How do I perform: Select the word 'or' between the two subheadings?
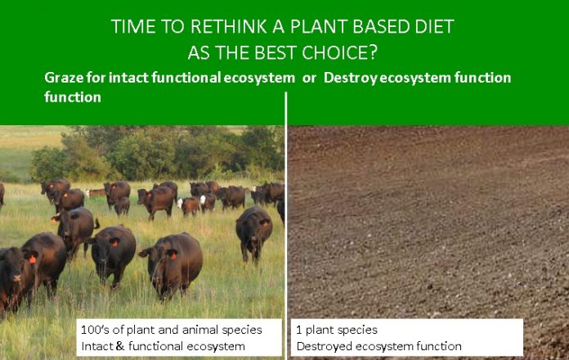point(309,78)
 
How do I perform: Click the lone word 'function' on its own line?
point(73,97)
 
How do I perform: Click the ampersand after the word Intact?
point(119,346)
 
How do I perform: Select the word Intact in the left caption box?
point(97,346)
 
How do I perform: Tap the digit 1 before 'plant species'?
point(299,330)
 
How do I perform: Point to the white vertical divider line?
point(286,226)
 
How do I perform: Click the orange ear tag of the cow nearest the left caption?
point(173,255)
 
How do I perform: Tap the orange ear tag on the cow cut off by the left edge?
point(33,259)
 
